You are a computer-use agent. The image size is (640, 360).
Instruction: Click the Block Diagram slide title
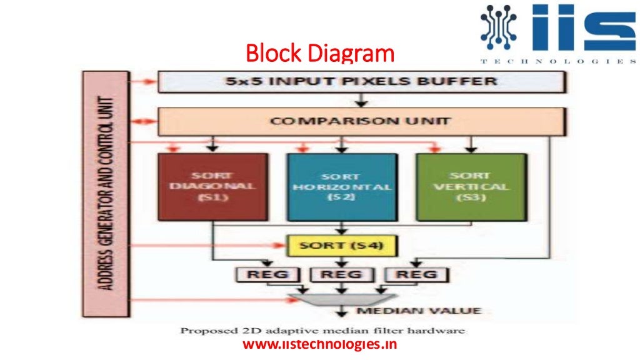pos(320,54)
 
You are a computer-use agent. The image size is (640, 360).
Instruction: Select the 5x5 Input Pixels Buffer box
pos(362,81)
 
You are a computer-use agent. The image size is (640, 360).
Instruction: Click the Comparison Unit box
pos(362,121)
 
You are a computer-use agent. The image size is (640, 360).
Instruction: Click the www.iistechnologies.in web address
pos(319,344)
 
